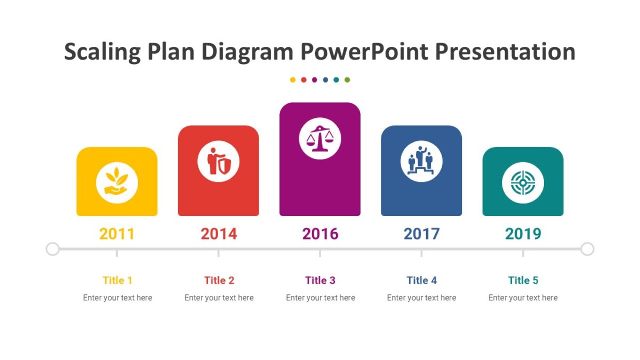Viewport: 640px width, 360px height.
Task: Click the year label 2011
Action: point(117,234)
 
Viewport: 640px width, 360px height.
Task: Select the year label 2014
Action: point(219,234)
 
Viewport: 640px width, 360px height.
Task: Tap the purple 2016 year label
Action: point(320,234)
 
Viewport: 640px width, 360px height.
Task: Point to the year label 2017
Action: point(421,234)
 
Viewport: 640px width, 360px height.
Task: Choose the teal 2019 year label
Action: point(523,234)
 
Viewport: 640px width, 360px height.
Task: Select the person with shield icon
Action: point(219,161)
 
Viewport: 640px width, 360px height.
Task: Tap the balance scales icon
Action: point(320,139)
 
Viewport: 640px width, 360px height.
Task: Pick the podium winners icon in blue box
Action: point(421,161)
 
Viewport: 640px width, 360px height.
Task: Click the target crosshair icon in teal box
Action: point(523,183)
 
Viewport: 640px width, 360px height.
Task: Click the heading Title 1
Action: point(117,280)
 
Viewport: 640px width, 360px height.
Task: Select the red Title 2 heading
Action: point(219,280)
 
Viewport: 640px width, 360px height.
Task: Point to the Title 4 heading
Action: point(421,280)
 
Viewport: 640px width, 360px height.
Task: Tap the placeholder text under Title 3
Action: point(320,298)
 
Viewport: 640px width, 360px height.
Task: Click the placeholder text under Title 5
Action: point(523,298)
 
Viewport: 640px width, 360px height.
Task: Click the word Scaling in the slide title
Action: point(102,52)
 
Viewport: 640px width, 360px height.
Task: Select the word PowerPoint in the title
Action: point(364,52)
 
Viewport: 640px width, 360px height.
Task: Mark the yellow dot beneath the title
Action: point(293,80)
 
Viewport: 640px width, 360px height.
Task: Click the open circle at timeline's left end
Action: point(52,249)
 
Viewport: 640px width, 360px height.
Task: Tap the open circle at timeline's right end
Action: point(587,249)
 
